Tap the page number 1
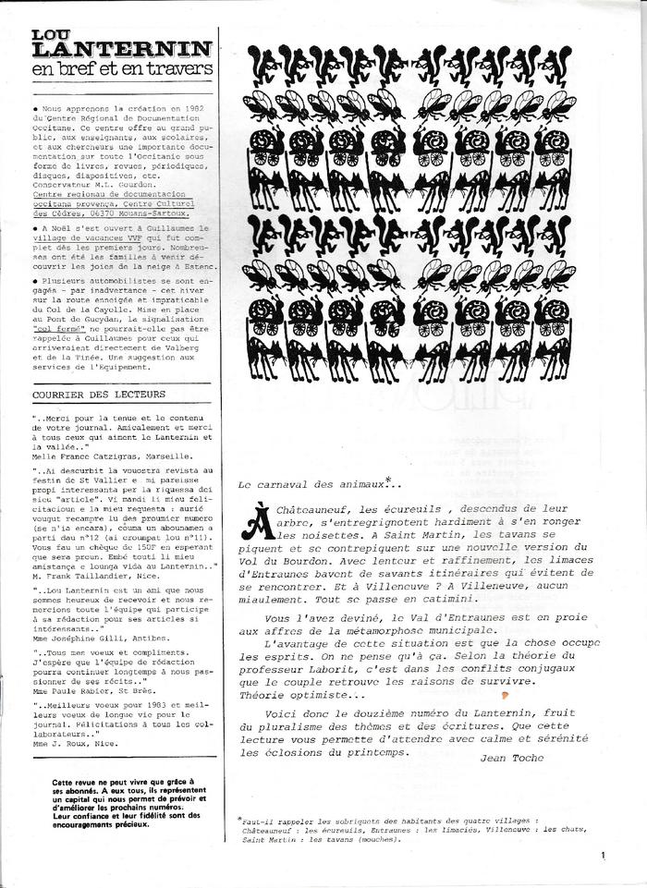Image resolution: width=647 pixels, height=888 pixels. (602, 856)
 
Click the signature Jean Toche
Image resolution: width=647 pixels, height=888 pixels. (513, 758)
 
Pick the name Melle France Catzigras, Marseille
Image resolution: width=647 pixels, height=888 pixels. (112, 456)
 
